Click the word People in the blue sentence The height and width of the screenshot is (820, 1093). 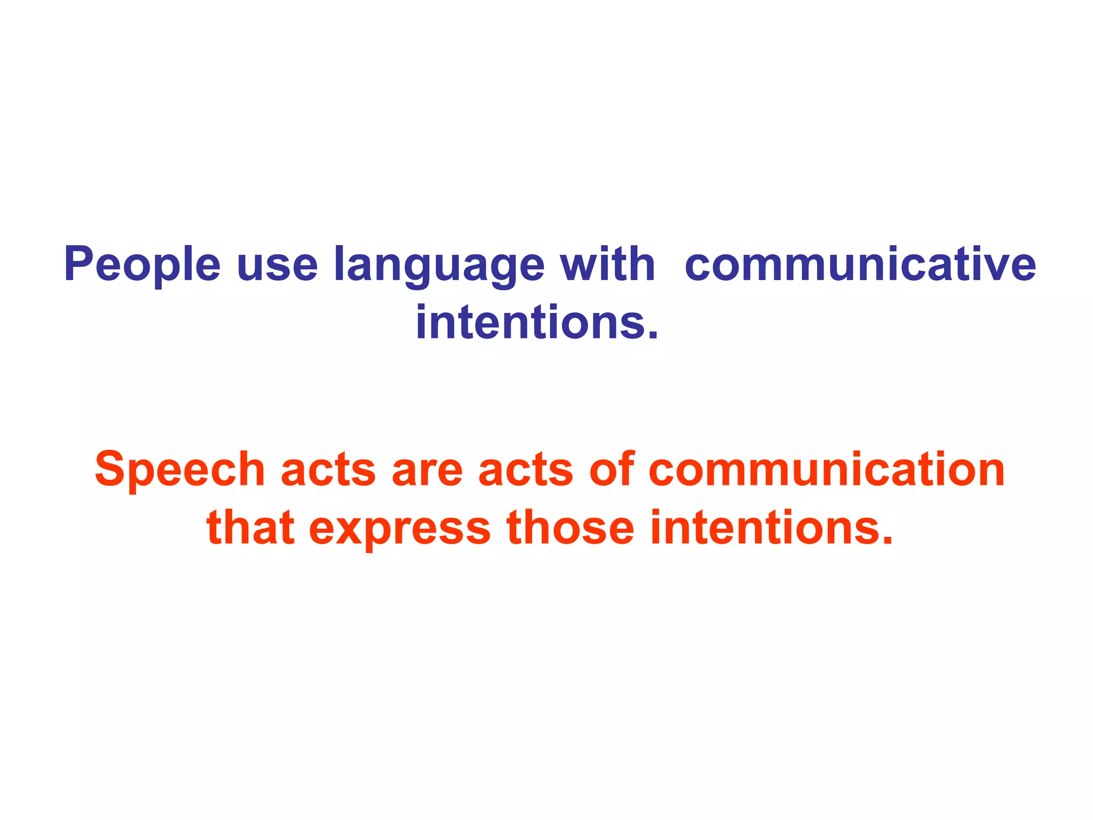point(142,264)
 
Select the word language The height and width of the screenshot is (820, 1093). point(439,265)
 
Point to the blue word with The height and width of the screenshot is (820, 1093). point(607,264)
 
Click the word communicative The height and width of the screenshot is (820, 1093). point(860,264)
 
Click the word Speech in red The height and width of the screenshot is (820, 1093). point(180,470)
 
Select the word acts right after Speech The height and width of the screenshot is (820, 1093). point(328,471)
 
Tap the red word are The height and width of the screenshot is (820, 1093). point(427,472)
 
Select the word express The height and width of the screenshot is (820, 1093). point(400,530)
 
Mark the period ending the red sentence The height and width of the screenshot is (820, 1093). point(886,540)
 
